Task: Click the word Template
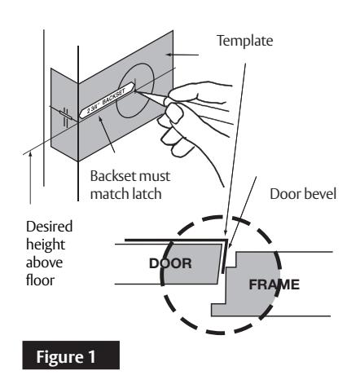244,41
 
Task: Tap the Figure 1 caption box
71,355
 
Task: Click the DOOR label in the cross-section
170,263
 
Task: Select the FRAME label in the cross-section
274,285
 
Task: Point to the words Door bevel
303,194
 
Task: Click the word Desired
49,227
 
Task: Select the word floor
40,280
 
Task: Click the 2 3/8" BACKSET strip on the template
107,101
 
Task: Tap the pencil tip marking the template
135,92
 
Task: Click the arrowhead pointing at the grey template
169,55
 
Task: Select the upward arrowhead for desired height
30,154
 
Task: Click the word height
46,245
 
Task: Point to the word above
44,262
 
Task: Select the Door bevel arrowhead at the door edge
230,245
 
